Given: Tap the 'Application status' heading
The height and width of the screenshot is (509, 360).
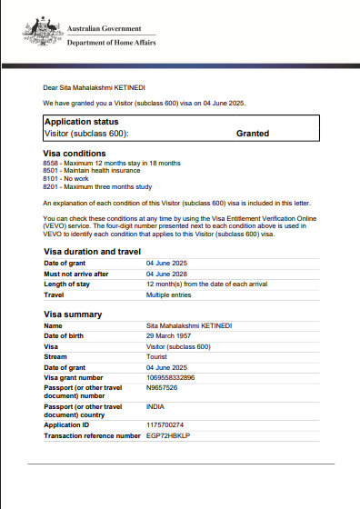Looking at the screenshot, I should (x=82, y=121).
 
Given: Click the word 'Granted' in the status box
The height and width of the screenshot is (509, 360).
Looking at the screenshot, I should (x=252, y=133).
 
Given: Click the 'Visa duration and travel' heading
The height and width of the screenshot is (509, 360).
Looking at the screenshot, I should (x=92, y=251).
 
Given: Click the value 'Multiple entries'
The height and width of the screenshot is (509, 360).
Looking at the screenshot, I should (x=168, y=294).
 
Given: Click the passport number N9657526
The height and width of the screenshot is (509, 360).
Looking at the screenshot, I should (x=162, y=387).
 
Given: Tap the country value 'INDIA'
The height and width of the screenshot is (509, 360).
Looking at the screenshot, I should (x=155, y=407).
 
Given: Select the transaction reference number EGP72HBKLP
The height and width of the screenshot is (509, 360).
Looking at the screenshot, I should (x=170, y=436).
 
